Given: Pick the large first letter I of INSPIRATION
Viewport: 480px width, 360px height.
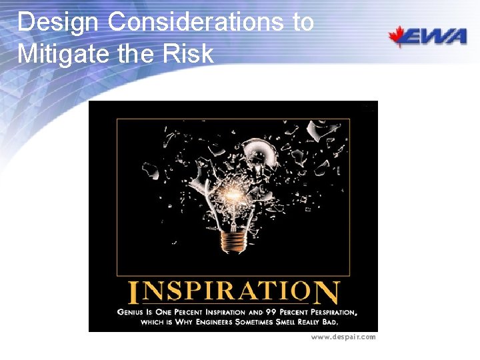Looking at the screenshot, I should pyautogui.click(x=133, y=293).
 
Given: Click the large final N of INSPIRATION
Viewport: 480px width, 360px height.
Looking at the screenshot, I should pyautogui.click(x=327, y=293).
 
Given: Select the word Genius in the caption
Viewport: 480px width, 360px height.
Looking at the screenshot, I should pyautogui.click(x=131, y=311).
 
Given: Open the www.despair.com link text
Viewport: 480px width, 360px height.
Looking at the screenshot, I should pyautogui.click(x=343, y=337).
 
